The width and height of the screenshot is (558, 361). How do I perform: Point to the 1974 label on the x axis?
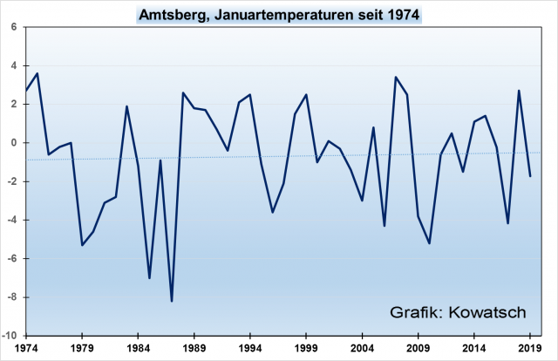coord(27,346)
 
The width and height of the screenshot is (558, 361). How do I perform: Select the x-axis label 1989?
coord(194,346)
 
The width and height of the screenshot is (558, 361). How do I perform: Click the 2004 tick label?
coord(362,346)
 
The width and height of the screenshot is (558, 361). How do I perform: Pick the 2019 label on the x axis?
coord(529,346)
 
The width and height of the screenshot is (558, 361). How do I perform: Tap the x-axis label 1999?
coord(306,346)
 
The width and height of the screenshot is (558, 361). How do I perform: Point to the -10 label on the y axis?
coord(13,336)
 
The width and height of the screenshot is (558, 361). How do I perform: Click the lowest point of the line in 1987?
coord(172,301)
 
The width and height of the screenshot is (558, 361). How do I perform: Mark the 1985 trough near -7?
coord(150,278)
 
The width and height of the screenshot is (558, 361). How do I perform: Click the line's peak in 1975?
coord(37,73)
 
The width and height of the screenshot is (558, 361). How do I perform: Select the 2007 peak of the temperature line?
coord(396,77)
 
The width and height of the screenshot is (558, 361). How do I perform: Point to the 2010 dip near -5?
coord(429,243)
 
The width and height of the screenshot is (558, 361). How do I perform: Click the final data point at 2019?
coord(529,176)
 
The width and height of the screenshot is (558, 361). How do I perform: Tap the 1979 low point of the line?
coord(82,245)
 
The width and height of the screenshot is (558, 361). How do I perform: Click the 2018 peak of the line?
coord(519,91)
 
